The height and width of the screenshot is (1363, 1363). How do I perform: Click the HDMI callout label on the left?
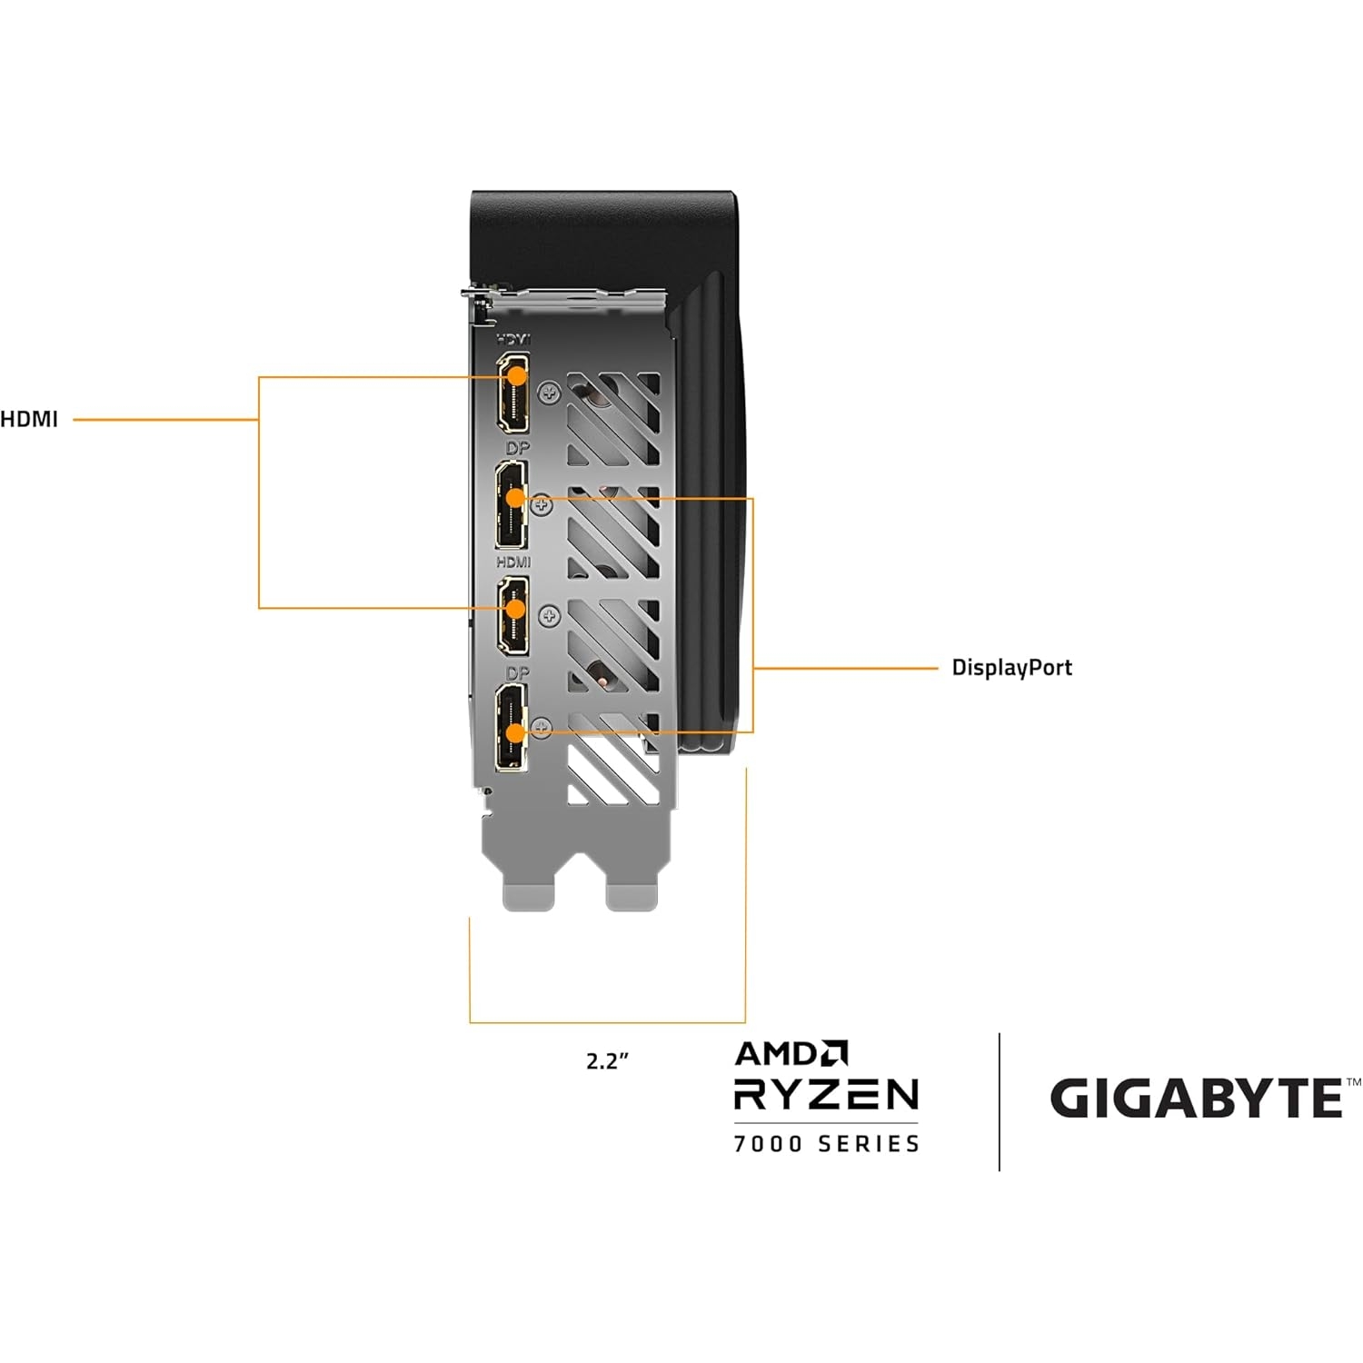point(29,419)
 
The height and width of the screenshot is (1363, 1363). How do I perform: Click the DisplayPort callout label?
point(1011,668)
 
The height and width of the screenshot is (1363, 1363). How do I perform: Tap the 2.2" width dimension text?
point(607,1060)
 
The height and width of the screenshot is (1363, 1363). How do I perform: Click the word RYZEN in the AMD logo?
point(826,1094)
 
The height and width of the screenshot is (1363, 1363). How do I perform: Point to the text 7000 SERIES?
point(826,1143)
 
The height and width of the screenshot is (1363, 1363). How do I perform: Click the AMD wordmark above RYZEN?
point(791,1053)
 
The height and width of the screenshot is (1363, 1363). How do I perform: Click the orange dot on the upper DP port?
point(515,497)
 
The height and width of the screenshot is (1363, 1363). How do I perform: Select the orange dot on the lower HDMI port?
point(515,607)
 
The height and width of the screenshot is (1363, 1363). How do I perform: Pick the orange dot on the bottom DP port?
point(515,731)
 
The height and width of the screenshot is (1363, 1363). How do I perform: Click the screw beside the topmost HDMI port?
point(549,393)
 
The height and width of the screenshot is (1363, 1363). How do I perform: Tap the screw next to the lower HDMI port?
point(549,616)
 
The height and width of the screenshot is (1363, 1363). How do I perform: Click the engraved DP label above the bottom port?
point(516,673)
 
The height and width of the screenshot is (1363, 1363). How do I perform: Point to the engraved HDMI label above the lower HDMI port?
point(513,562)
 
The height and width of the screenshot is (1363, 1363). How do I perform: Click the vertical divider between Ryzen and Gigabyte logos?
point(1000,1101)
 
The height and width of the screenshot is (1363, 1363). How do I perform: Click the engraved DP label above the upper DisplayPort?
point(515,448)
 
